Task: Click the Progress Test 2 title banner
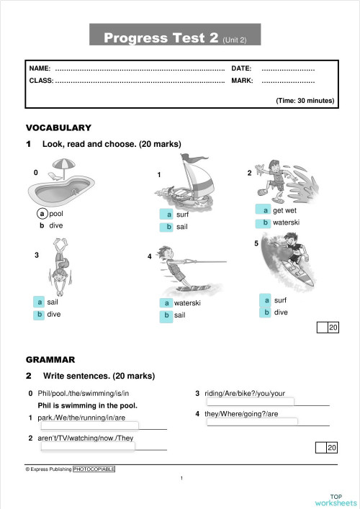[175, 37]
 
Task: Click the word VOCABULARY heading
[58, 127]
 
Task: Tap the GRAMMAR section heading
[50, 359]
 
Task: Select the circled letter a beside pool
[43, 214]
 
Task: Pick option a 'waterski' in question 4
[166, 303]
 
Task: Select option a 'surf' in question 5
[266, 300]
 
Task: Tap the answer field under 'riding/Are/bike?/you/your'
[250, 402]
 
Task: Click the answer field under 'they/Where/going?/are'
[250, 423]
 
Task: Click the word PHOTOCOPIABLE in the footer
[94, 469]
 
